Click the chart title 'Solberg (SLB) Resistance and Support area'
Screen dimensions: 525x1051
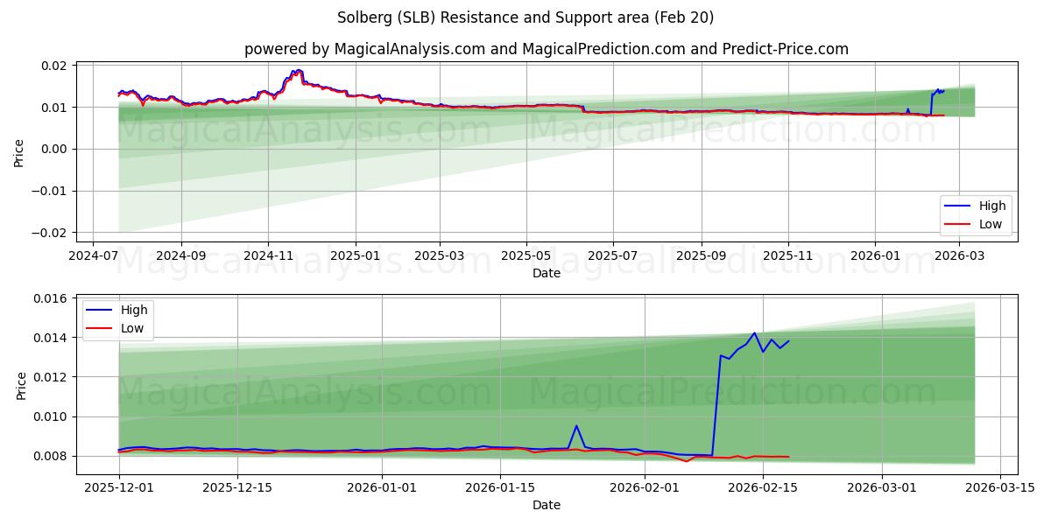point(525,17)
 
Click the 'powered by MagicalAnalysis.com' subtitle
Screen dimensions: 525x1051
point(546,49)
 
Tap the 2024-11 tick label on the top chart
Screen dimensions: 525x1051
point(267,255)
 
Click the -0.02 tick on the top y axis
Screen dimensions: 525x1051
point(51,233)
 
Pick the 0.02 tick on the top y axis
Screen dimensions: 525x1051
point(55,66)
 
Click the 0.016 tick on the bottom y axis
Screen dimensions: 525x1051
point(51,298)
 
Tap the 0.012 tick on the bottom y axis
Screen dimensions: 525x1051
point(51,377)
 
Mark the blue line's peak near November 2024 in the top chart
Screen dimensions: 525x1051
point(298,70)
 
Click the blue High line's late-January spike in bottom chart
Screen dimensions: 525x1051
point(576,426)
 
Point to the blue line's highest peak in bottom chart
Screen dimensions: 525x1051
point(754,332)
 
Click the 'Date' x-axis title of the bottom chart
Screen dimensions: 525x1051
point(546,505)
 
